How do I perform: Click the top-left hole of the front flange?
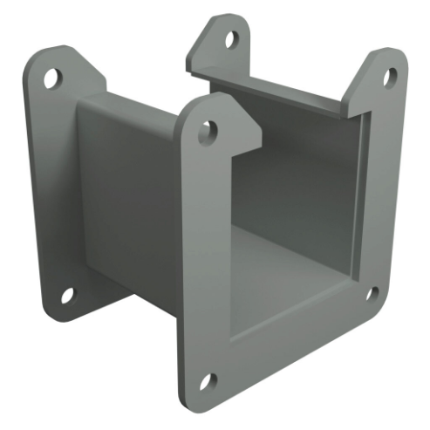tap(208, 133)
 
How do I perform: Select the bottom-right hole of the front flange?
tap(372, 292)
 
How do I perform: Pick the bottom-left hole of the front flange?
tap(207, 381)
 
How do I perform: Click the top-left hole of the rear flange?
tap(50, 77)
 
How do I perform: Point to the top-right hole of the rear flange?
tap(231, 39)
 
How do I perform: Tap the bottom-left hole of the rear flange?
tap(67, 295)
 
